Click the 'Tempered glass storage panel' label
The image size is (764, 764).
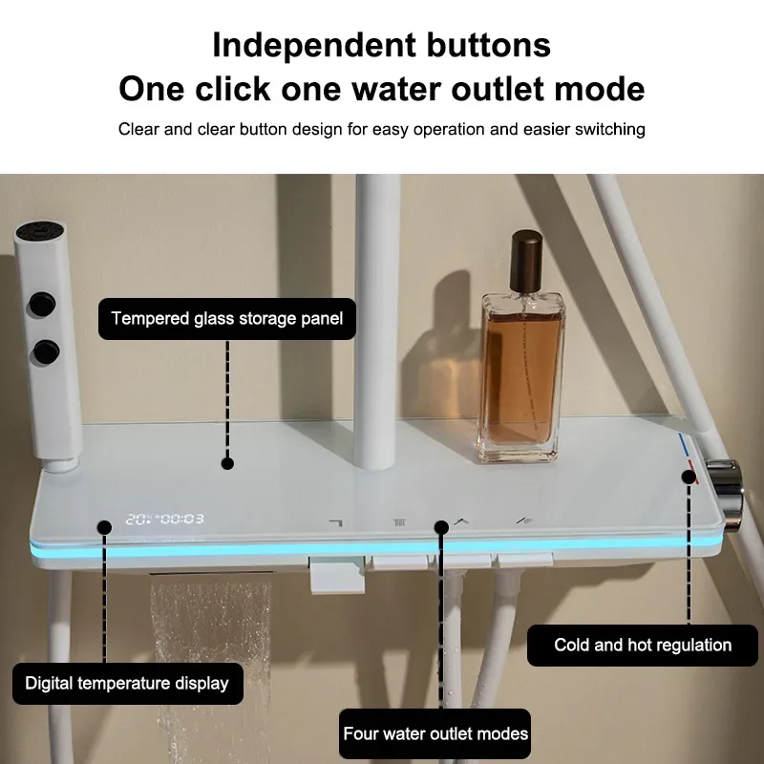click(x=227, y=318)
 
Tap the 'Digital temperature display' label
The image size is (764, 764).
click(x=127, y=683)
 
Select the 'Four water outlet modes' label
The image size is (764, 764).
click(x=435, y=733)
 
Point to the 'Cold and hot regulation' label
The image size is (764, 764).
click(x=643, y=645)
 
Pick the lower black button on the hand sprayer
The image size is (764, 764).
click(x=43, y=352)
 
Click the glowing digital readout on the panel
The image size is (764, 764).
click(x=164, y=520)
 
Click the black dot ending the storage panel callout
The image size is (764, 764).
click(x=227, y=463)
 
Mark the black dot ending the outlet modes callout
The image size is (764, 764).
click(x=440, y=526)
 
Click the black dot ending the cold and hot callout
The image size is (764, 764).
click(x=689, y=474)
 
